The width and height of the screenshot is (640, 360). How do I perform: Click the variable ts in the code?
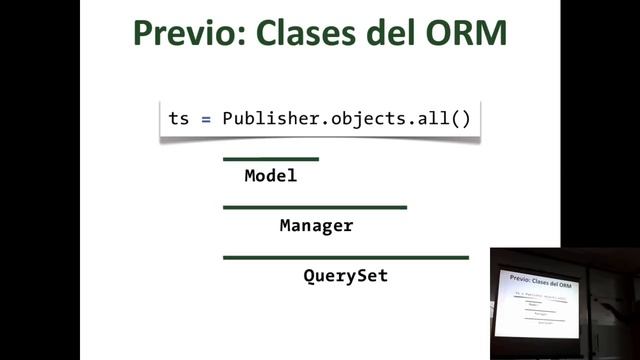(x=179, y=118)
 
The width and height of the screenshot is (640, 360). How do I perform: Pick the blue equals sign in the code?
(x=206, y=118)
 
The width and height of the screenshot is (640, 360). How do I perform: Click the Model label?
(x=271, y=176)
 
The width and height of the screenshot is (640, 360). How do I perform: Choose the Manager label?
(x=316, y=226)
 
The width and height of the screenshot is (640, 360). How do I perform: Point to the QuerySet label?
(x=345, y=275)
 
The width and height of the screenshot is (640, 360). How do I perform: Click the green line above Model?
(x=271, y=159)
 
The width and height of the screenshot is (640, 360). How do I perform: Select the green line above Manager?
(x=315, y=208)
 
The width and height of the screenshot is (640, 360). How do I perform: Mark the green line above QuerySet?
(x=345, y=258)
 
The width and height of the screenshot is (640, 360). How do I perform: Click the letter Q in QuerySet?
(x=309, y=275)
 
